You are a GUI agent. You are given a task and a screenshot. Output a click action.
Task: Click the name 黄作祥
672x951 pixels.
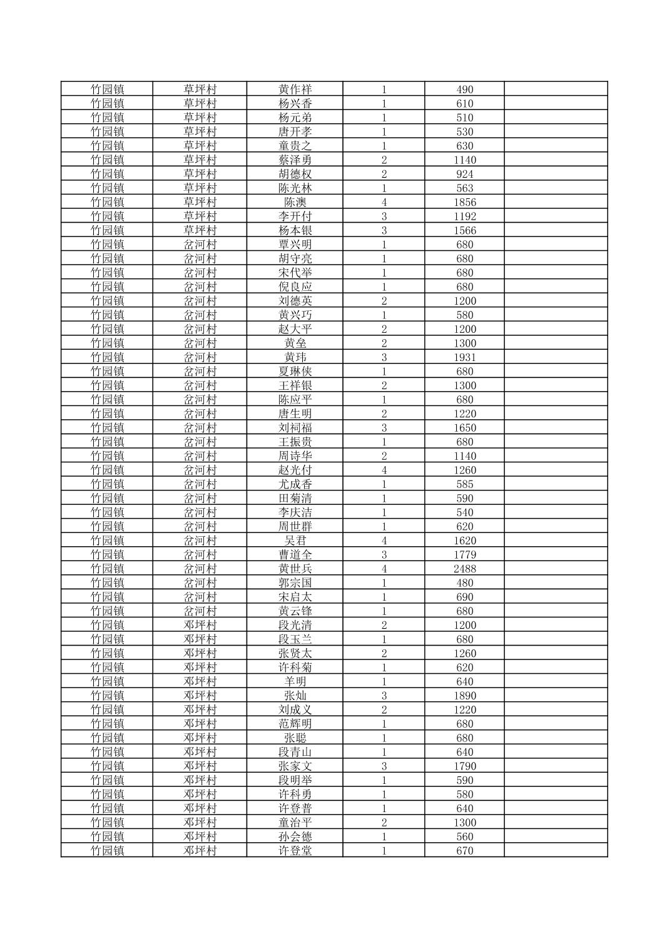click(x=295, y=89)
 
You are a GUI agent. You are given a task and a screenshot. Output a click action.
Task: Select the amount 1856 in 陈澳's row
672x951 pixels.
click(x=464, y=202)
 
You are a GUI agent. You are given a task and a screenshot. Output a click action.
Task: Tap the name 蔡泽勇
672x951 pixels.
click(x=295, y=160)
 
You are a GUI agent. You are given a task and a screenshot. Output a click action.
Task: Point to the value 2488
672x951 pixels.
click(x=464, y=569)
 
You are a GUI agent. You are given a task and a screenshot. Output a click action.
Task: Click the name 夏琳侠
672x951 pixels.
click(x=295, y=372)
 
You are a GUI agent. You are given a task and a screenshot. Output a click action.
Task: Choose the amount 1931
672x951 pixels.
click(x=464, y=357)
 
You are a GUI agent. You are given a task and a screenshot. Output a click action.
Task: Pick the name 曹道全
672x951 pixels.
click(x=295, y=555)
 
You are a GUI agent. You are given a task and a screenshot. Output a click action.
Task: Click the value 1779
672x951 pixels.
click(x=464, y=555)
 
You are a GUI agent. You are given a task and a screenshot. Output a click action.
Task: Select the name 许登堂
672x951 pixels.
click(x=295, y=851)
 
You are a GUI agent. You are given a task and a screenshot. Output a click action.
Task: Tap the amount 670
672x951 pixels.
click(x=464, y=851)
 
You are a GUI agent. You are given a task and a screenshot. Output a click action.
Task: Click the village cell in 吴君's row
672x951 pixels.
click(x=200, y=541)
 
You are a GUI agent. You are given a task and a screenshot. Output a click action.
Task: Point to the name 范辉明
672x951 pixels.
click(x=295, y=724)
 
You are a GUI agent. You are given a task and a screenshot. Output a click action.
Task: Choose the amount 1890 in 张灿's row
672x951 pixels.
click(x=464, y=696)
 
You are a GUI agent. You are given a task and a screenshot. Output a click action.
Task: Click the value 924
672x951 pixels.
click(x=464, y=174)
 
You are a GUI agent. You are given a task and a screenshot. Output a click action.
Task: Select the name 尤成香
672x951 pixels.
click(x=295, y=484)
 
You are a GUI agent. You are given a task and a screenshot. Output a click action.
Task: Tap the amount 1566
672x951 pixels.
click(x=464, y=230)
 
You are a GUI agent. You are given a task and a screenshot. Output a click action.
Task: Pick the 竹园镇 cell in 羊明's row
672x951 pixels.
click(x=107, y=681)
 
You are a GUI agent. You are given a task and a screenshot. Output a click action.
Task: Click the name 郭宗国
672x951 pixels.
click(x=295, y=583)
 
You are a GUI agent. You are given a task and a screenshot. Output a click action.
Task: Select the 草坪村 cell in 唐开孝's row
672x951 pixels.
click(x=200, y=132)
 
